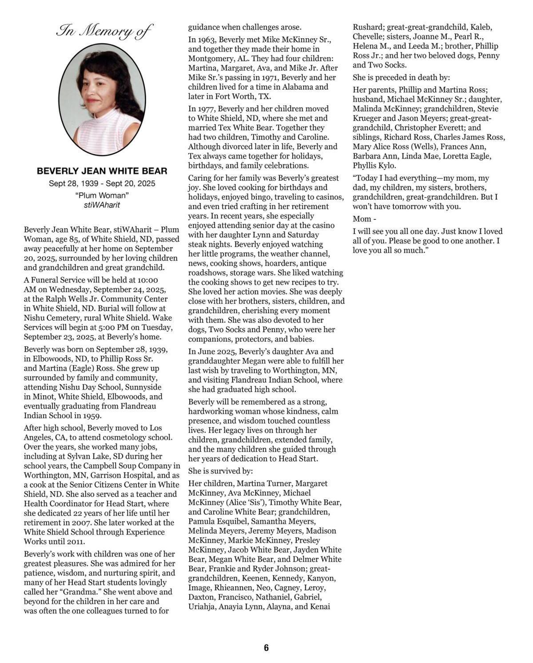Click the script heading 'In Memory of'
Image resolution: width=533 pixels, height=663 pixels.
click(x=104, y=32)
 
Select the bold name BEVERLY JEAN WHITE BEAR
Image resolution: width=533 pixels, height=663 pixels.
click(x=102, y=171)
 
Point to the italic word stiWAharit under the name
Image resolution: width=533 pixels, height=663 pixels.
click(x=102, y=205)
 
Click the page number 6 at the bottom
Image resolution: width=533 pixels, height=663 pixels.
click(x=266, y=648)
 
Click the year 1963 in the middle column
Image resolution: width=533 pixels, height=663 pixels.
click(x=207, y=40)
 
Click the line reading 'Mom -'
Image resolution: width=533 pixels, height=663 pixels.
click(x=364, y=219)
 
